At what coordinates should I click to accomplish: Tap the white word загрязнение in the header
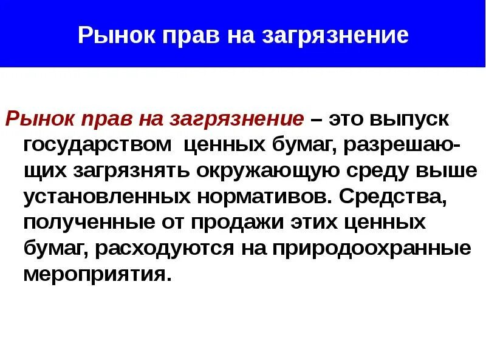(335, 36)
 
